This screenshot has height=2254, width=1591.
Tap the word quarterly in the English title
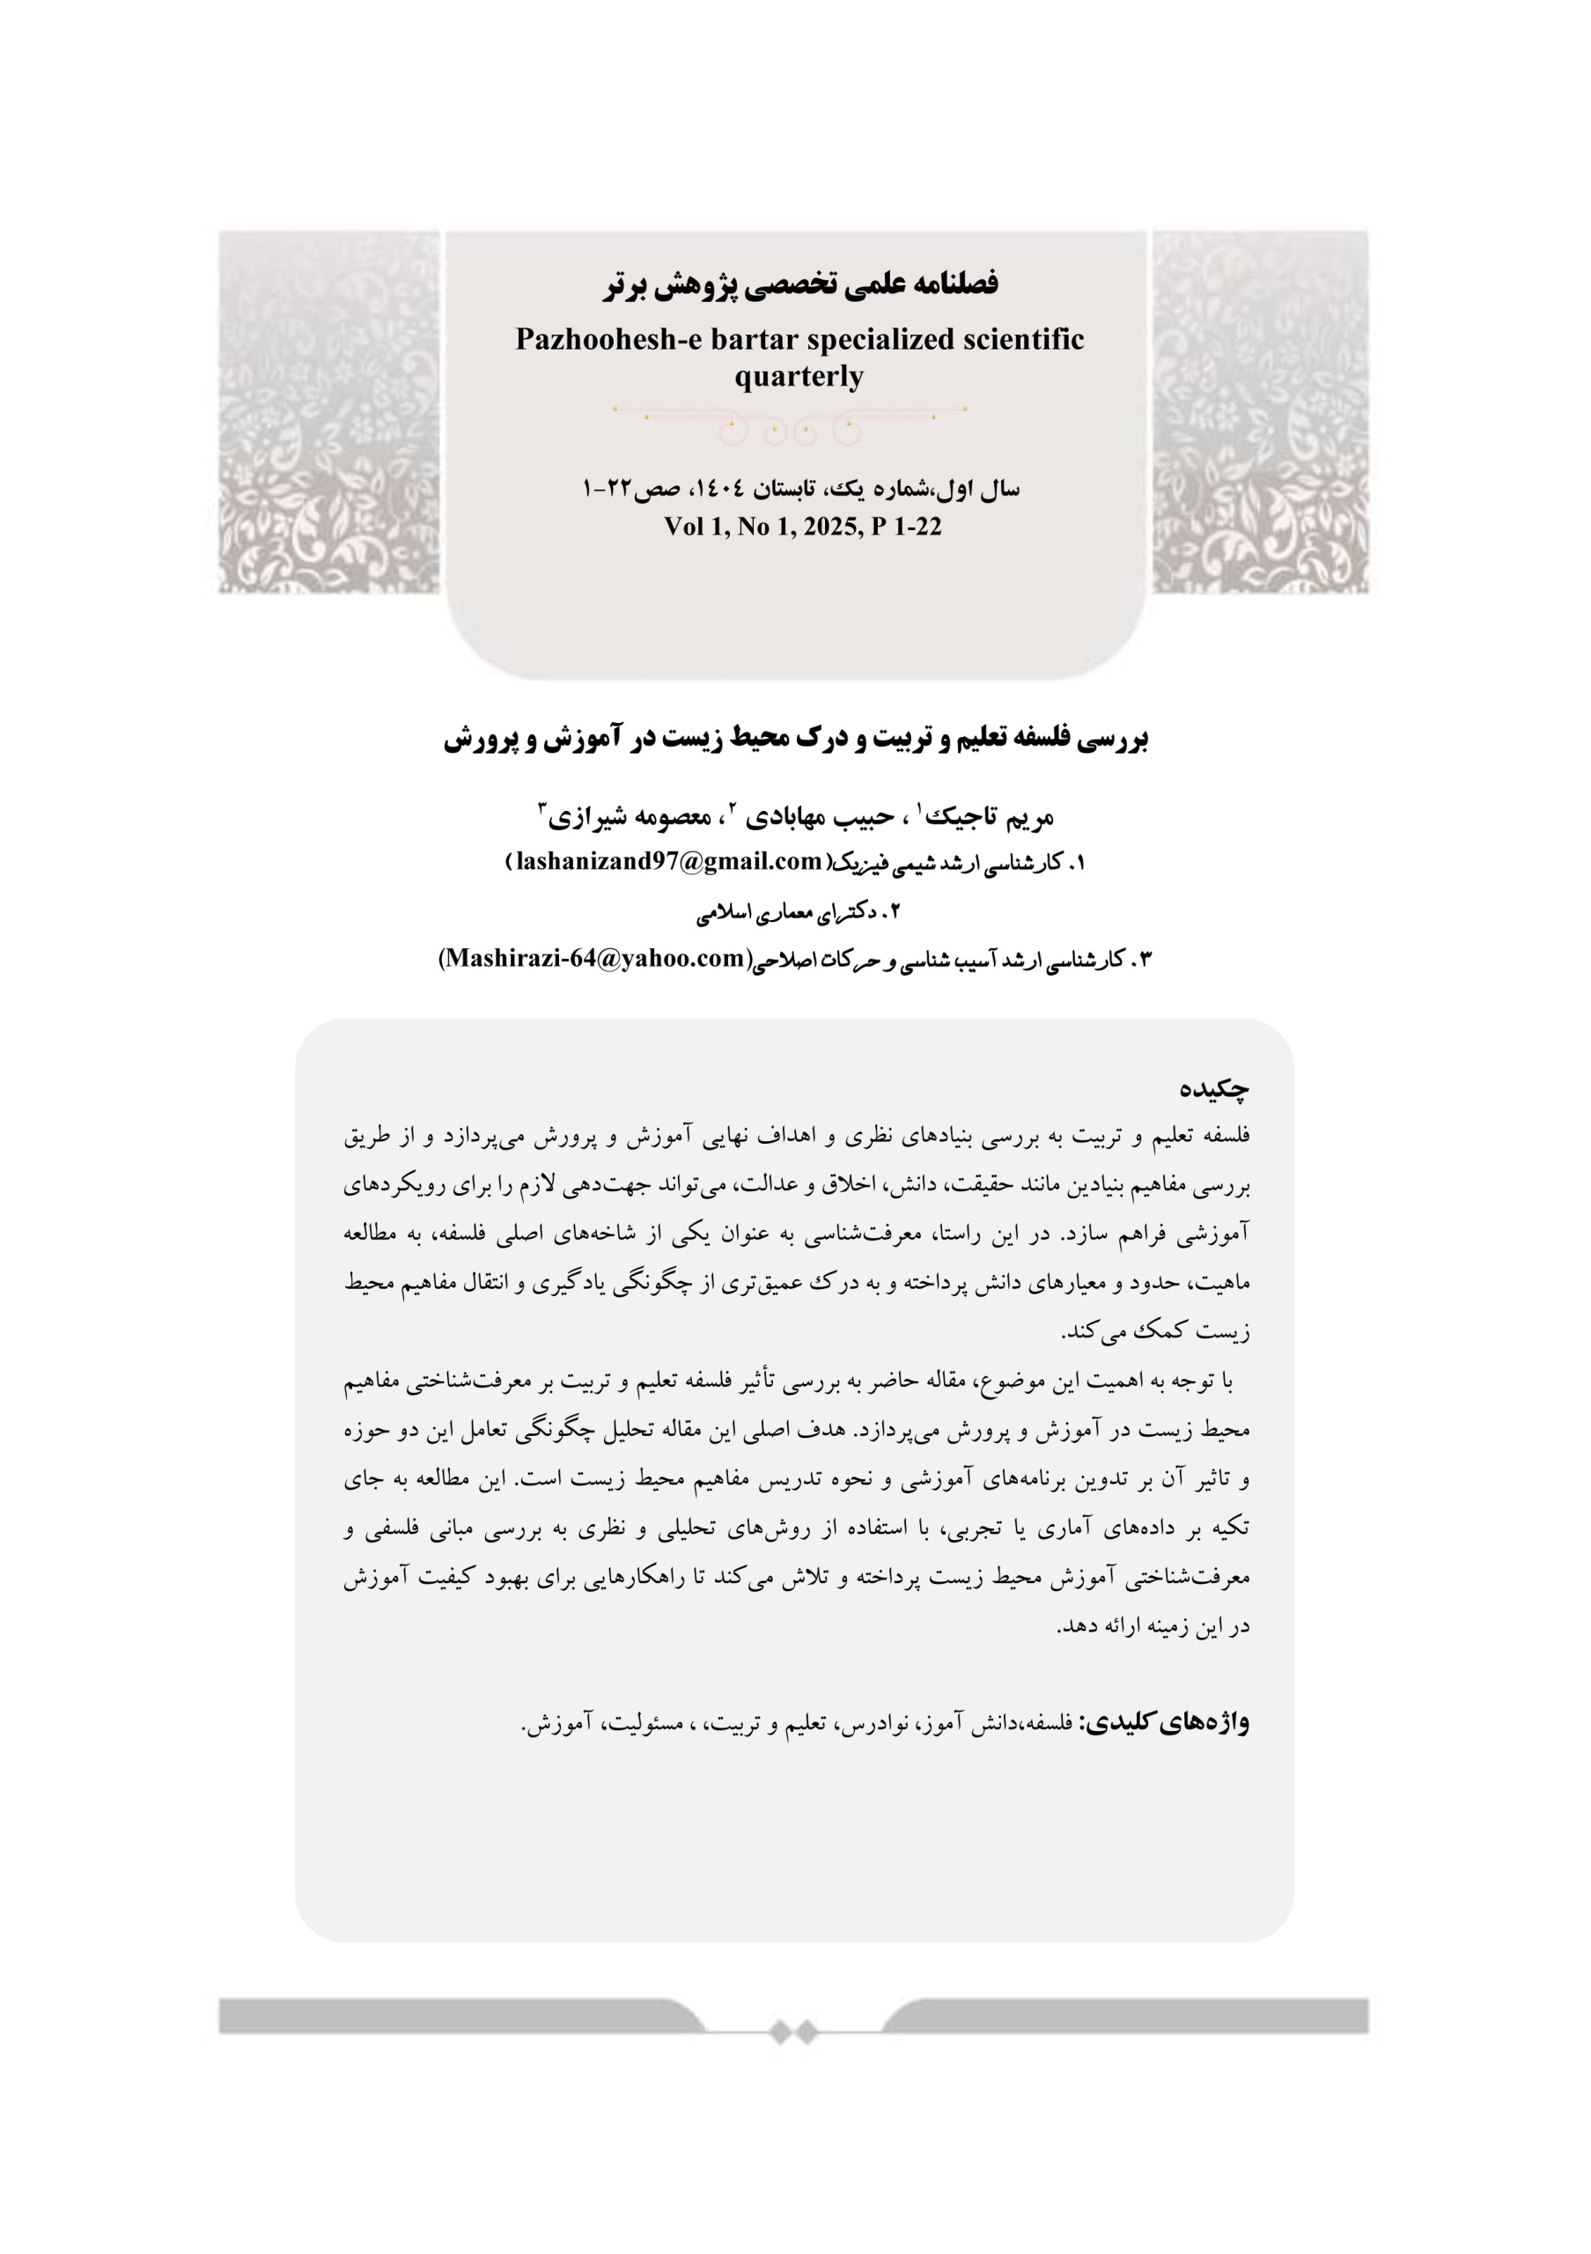[x=799, y=376]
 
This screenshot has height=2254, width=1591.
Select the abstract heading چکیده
[x=1214, y=1089]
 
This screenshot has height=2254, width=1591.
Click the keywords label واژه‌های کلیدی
[x=1165, y=1722]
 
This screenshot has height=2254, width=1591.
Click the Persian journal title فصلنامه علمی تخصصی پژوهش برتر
[x=800, y=284]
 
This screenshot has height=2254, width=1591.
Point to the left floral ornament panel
[x=328, y=412]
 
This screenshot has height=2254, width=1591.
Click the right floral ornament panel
[x=1260, y=412]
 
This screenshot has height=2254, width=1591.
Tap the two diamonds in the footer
[x=793, y=2031]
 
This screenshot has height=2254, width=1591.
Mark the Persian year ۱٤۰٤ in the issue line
[x=721, y=489]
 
